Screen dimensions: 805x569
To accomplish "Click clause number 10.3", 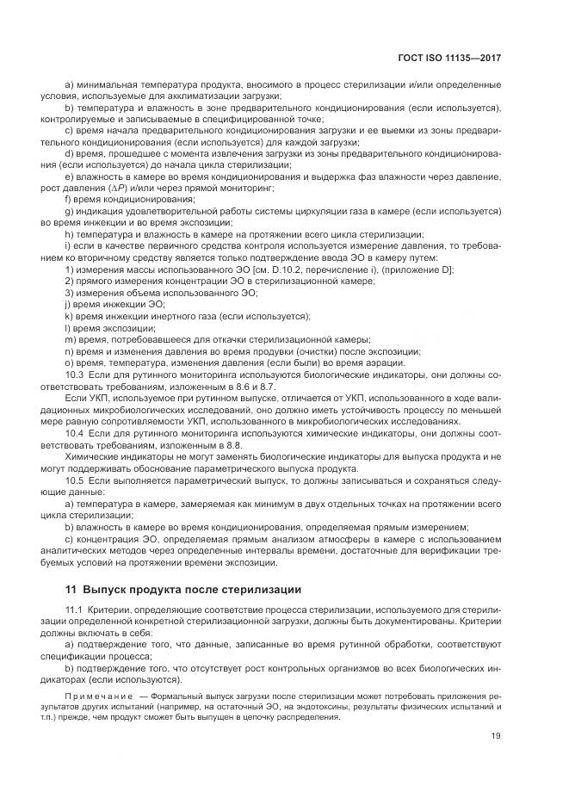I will (74, 375).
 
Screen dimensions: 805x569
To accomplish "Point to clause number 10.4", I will (74, 434).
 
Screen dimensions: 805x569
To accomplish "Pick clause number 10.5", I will (74, 480).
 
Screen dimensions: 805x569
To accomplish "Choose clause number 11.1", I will (74, 610).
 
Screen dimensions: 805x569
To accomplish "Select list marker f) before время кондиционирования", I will (68, 198).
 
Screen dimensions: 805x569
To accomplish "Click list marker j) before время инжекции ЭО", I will (67, 305).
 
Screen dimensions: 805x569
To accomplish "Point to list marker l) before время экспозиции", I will (67, 328).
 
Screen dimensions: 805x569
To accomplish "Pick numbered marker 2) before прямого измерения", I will (69, 281).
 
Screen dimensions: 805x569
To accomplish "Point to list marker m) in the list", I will (70, 339).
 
